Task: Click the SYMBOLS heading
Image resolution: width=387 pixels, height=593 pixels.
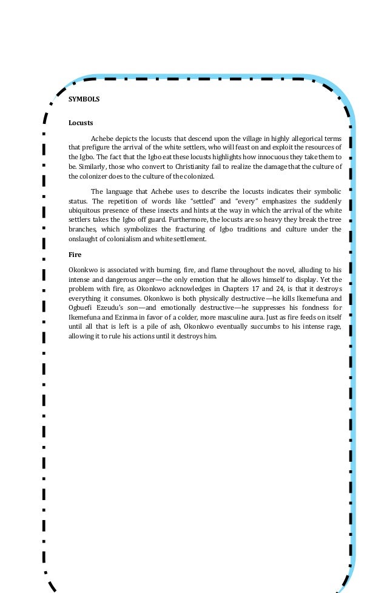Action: (x=84, y=98)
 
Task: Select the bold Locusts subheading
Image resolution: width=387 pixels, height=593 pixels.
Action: (x=81, y=123)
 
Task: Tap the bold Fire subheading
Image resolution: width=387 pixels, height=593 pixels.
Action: (x=75, y=255)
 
